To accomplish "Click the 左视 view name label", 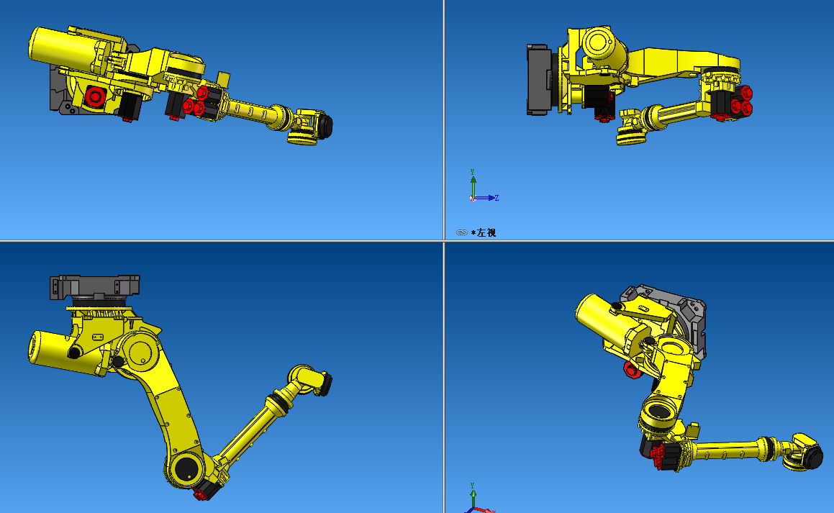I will [x=486, y=232].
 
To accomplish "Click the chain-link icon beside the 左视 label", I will [x=462, y=232].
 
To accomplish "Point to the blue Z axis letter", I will [x=497, y=198].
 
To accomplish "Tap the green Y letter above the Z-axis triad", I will [x=472, y=172].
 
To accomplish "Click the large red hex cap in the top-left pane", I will [x=94, y=96].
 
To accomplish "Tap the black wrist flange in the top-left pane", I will [x=324, y=126].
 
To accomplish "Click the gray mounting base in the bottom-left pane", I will [x=94, y=286].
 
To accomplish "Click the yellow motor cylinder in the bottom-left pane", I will [x=61, y=353].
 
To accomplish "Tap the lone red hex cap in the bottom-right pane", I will [x=632, y=370].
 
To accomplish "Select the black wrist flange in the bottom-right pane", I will [x=813, y=456].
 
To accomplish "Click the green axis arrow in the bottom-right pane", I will [x=473, y=495].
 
